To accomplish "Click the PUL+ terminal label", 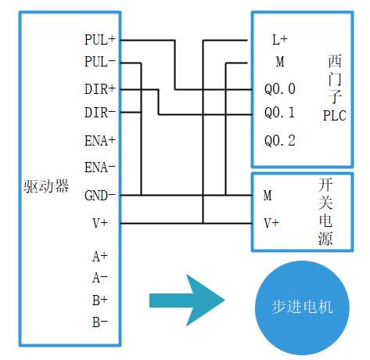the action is tap(99, 40).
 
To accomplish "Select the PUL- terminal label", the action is tap(99, 62).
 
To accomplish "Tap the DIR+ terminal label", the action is tap(99, 89).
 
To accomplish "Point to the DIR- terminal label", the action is tap(99, 113).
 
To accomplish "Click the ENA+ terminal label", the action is tap(99, 141).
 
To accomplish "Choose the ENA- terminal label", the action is tap(99, 167).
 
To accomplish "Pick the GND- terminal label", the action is tap(99, 196).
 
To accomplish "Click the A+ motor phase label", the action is tap(100, 257).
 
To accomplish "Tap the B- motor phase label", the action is tap(100, 322).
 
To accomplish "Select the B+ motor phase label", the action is tap(100, 301).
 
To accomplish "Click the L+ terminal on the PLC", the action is tap(280, 40).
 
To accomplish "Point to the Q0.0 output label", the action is tap(280, 89).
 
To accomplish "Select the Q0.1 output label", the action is tap(280, 113).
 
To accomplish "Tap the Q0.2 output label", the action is tap(280, 141).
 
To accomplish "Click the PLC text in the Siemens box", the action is tap(335, 116).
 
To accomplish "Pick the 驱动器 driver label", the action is tap(46, 186).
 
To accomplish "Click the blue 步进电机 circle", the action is tap(302, 308).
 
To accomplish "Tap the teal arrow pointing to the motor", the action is tap(187, 301).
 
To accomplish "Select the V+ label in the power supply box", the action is tap(271, 224).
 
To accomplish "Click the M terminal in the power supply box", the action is tap(268, 196).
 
